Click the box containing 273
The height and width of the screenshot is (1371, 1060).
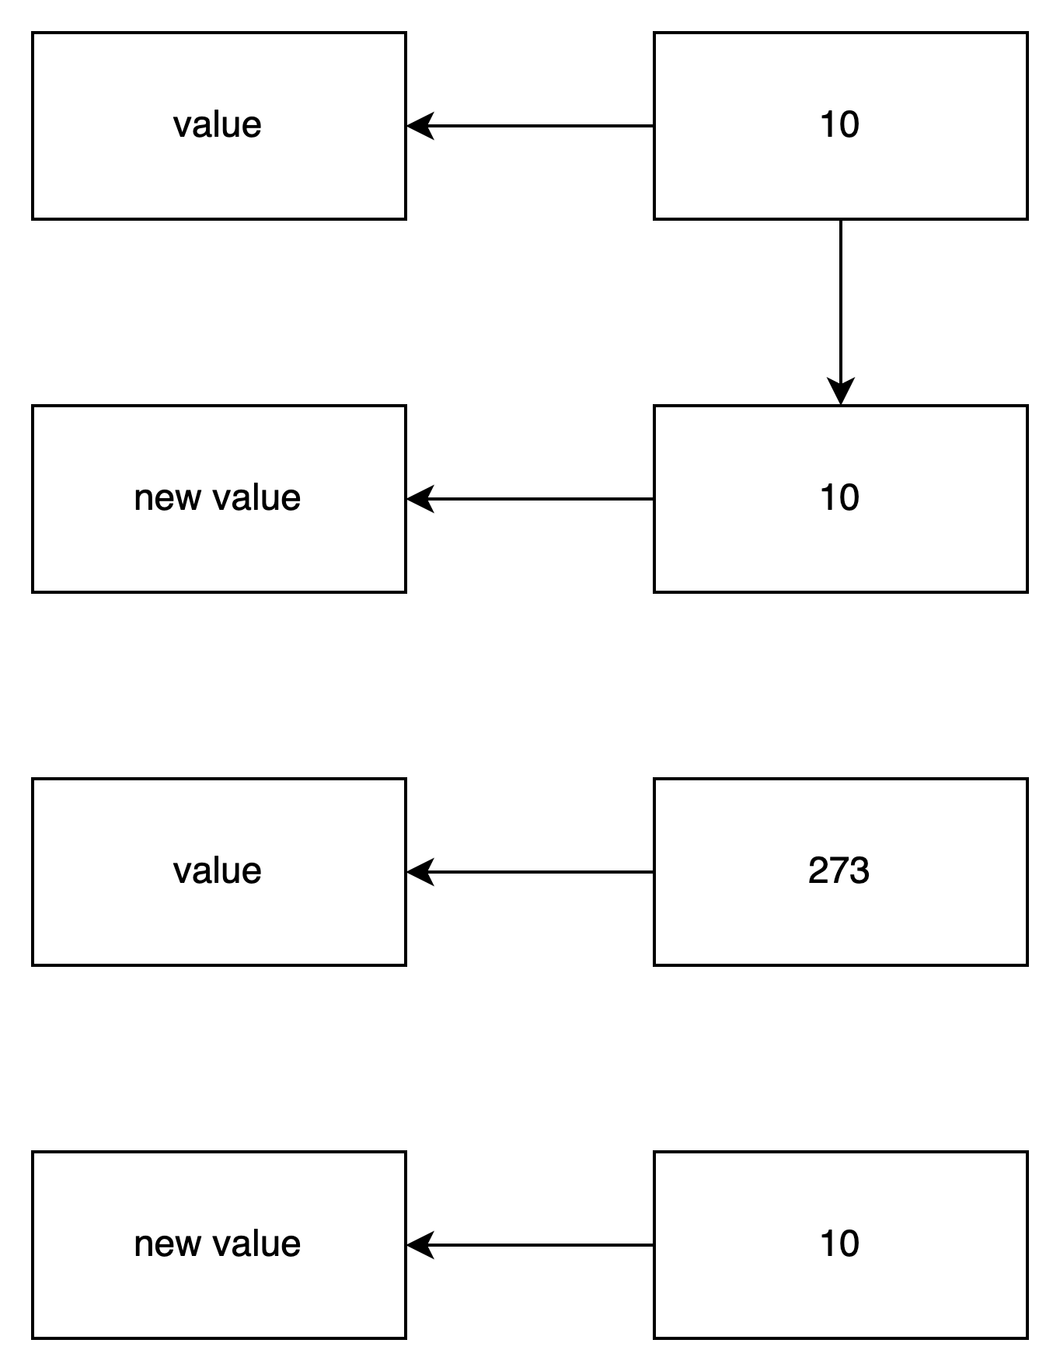[x=840, y=871]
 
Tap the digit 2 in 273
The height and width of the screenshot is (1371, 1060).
[x=818, y=871]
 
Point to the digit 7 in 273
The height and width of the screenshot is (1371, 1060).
[x=839, y=871]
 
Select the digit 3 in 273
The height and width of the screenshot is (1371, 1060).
[x=859, y=871]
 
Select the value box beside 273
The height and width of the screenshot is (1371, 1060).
[x=218, y=871]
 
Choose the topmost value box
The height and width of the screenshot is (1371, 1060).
[x=218, y=125]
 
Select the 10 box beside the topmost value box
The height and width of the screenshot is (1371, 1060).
[x=840, y=125]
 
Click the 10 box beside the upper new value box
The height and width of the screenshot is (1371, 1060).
[x=840, y=498]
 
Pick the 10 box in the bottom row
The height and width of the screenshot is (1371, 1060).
[x=840, y=1244]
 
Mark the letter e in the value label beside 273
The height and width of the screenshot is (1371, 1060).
[x=253, y=872]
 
